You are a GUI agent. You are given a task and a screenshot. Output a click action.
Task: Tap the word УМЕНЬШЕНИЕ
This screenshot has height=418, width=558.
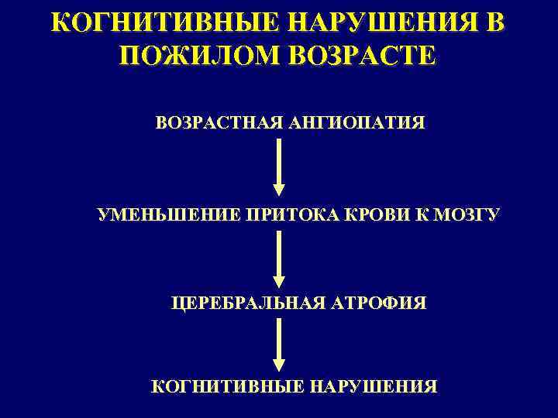[x=167, y=214]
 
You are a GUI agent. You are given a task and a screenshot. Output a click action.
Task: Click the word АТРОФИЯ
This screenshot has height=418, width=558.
[x=380, y=302]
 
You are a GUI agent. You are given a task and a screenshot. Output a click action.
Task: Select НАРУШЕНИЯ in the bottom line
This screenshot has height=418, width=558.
[x=374, y=385]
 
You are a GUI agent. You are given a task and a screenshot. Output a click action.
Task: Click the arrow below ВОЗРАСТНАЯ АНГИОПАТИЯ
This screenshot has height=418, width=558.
[x=279, y=166]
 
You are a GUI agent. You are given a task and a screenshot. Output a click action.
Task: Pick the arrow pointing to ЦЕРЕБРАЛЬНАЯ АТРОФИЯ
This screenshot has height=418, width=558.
[x=279, y=259]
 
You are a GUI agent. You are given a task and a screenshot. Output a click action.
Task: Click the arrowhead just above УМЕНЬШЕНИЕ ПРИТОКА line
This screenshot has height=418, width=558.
[x=279, y=190]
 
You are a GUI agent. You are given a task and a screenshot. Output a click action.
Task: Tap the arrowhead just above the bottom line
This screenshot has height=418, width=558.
[x=279, y=365]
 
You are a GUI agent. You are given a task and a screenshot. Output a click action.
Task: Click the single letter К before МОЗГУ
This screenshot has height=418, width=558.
[x=421, y=214]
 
